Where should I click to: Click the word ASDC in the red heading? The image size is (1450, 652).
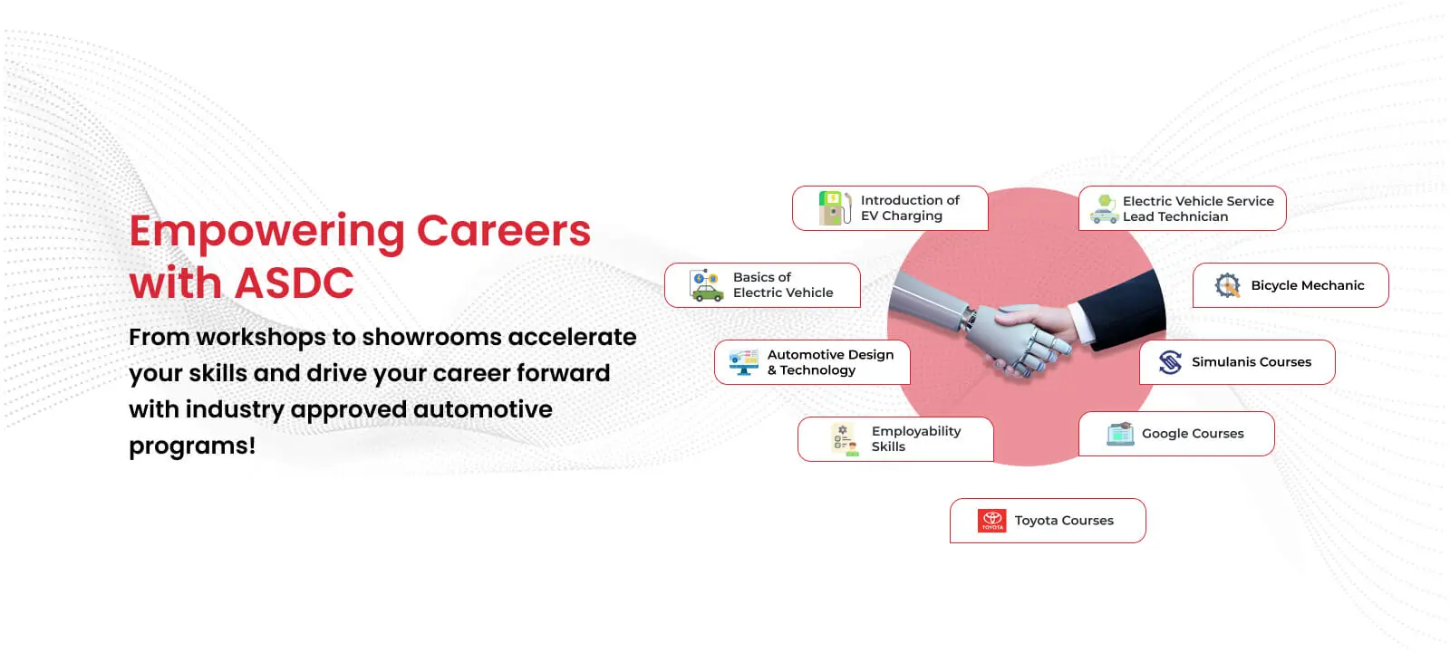pos(294,283)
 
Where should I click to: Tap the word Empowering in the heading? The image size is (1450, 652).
pos(266,233)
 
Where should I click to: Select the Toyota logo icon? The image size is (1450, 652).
pos(991,521)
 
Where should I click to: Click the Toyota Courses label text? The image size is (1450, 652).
pos(1064,521)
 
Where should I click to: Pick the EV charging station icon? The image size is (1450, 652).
pos(835,207)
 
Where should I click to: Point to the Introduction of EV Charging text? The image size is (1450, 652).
pos(910,208)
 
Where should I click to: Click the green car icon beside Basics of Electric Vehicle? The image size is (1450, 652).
pos(706,286)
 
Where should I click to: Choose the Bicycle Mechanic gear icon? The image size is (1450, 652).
pos(1227,285)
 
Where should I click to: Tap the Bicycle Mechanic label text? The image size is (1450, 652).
pos(1307,285)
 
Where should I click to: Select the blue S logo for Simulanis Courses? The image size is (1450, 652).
pos(1170,362)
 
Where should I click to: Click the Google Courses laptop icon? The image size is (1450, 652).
pos(1120,434)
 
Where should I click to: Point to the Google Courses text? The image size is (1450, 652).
pos(1193,434)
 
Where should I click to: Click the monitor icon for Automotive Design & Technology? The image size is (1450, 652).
pos(743,362)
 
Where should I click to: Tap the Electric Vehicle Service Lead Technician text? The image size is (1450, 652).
pos(1197,209)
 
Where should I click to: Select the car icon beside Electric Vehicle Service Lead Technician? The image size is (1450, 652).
pos(1105,209)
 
